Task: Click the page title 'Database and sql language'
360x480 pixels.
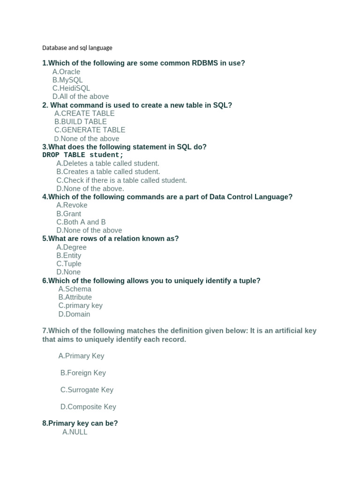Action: [77, 48]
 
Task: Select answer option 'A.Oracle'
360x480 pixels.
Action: [66, 72]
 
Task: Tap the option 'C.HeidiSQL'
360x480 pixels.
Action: [71, 88]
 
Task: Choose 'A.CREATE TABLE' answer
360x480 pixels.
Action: [84, 113]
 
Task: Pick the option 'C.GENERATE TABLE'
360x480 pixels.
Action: [90, 130]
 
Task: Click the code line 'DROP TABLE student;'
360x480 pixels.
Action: [83, 155]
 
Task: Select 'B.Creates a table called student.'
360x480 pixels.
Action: [108, 172]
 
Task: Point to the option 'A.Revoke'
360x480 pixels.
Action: [72, 205]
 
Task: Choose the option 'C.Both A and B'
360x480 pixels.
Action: [81, 222]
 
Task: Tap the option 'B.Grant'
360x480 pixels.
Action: [69, 214]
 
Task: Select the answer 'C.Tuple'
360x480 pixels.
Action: [69, 264]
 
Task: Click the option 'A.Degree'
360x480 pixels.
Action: [71, 247]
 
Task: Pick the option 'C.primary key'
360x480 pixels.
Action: [81, 306]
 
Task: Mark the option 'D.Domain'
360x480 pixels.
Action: [75, 314]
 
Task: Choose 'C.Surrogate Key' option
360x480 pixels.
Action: [87, 390]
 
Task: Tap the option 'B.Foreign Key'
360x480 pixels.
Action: [83, 373]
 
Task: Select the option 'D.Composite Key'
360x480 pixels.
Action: [88, 407]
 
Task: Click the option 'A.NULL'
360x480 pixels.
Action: [75, 432]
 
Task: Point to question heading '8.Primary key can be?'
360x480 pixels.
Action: [80, 423]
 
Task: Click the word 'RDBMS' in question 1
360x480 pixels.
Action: [205, 63]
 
